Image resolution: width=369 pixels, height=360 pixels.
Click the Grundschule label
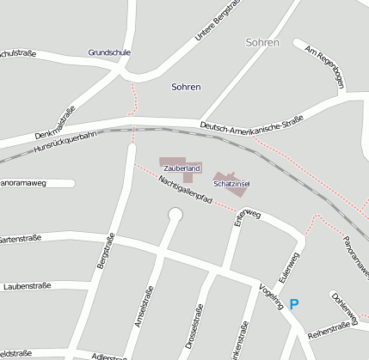click(109, 52)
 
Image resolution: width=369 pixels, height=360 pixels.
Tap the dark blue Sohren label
click(186, 87)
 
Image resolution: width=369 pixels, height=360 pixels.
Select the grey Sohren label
click(262, 42)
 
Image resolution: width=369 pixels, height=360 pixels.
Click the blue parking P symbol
click(294, 303)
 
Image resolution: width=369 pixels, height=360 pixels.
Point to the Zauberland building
click(180, 165)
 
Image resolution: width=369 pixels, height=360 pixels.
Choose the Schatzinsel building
click(231, 182)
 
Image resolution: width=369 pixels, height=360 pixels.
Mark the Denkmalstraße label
click(56, 123)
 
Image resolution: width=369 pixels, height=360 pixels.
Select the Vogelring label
click(272, 300)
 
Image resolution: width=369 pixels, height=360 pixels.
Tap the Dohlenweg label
click(343, 308)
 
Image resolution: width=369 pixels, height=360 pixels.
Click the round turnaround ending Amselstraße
click(175, 214)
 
